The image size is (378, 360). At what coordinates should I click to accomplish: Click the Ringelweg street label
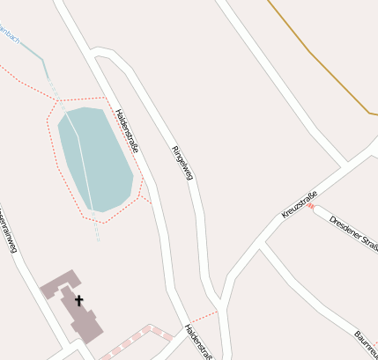[182, 162]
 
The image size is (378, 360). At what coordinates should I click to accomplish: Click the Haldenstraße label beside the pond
[127, 130]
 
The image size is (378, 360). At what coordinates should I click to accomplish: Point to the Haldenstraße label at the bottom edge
[198, 342]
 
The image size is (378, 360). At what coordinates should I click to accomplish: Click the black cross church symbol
[78, 300]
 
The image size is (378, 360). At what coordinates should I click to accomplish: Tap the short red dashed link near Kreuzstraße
[310, 206]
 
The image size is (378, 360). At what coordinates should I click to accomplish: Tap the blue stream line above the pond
[32, 51]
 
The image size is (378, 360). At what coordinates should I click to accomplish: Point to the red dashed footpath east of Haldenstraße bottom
[203, 315]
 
